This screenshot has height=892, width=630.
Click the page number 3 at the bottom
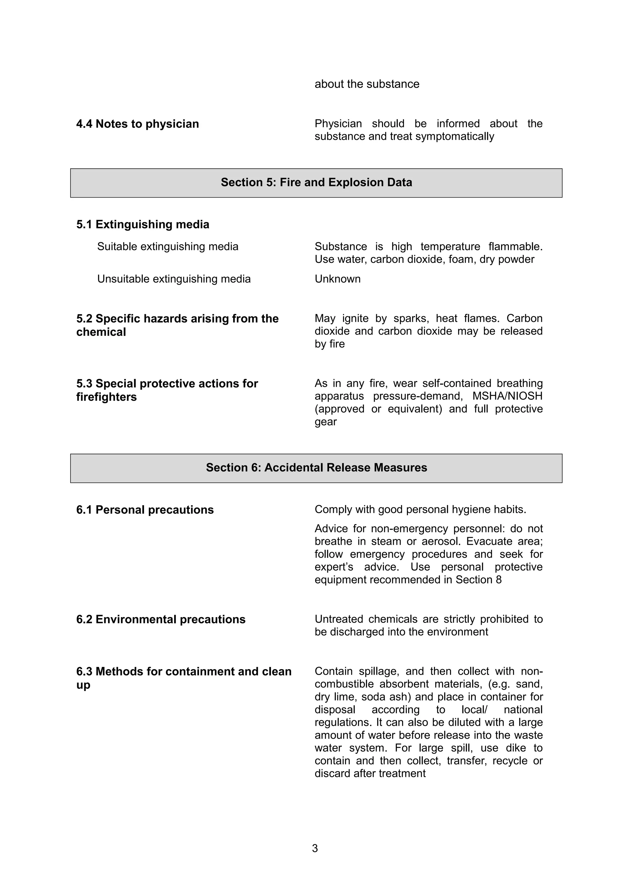click(315, 849)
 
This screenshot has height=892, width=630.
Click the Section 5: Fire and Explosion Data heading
click(316, 182)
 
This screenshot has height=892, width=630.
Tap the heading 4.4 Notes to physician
click(138, 124)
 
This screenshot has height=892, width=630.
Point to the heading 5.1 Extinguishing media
click(142, 225)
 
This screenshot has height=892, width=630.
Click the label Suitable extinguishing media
click(168, 247)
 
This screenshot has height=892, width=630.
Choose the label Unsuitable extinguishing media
click(173, 279)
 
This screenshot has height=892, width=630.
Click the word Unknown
click(337, 279)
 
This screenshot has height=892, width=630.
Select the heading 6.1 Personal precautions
click(145, 510)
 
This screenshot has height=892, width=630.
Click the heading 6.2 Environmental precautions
click(161, 619)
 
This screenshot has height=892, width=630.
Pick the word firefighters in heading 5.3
click(106, 397)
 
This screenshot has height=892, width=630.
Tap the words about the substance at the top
click(367, 84)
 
